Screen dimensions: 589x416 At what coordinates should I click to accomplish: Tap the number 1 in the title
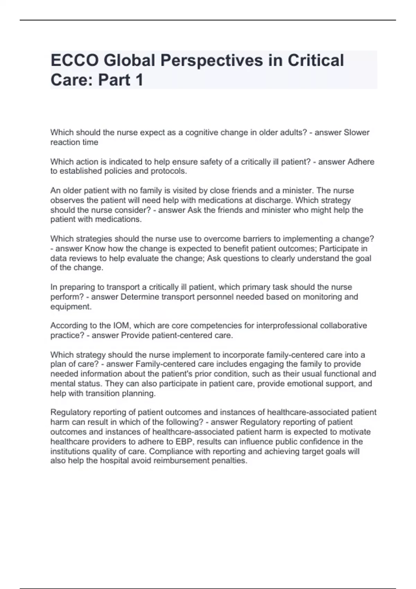[139, 80]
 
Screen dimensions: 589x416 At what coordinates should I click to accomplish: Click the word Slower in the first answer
[356, 132]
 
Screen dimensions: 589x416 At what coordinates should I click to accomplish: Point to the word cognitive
[201, 132]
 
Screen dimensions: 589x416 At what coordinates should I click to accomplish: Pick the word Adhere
[361, 162]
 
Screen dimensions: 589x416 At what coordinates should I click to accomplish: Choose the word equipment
[71, 307]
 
